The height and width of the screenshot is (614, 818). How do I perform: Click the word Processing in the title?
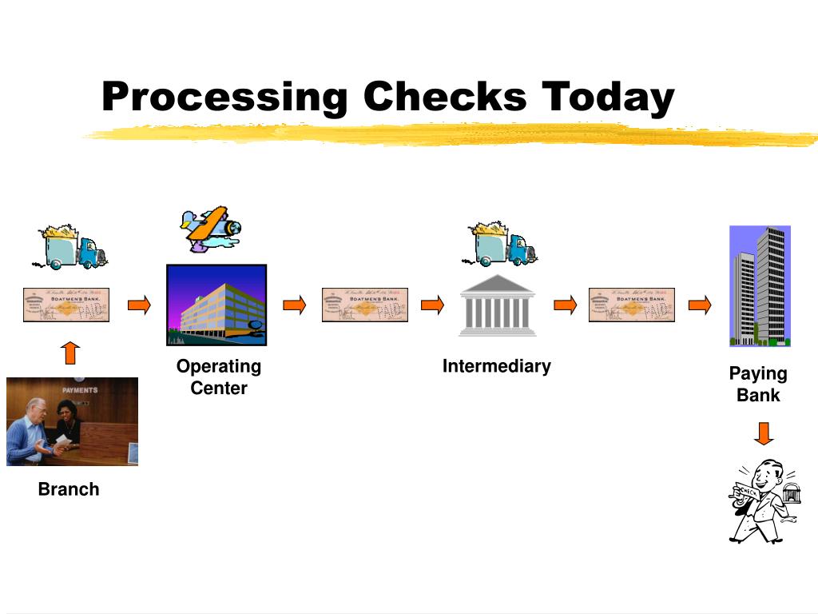click(224, 98)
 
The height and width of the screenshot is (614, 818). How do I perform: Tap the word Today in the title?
click(608, 98)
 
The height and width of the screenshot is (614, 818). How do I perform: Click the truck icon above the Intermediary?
click(502, 245)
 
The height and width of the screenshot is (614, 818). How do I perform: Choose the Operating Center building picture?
click(216, 305)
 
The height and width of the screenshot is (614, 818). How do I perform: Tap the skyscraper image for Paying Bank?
click(760, 285)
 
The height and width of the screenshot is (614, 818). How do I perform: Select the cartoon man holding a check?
click(763, 500)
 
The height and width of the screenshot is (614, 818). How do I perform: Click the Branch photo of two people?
click(72, 421)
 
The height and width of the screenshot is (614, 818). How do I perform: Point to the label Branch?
click(69, 489)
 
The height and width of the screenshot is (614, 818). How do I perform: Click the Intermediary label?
click(497, 366)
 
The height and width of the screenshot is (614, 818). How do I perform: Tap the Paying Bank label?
click(758, 385)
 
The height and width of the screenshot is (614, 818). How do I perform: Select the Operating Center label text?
click(219, 377)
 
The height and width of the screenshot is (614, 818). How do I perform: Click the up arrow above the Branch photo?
click(71, 353)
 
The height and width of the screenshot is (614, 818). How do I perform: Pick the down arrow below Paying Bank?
click(764, 433)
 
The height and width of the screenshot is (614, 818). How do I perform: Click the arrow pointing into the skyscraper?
click(700, 305)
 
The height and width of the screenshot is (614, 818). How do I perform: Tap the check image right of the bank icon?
click(632, 305)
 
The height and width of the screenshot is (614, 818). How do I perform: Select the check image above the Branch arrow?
click(66, 305)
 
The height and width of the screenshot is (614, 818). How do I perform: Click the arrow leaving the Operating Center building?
click(295, 305)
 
